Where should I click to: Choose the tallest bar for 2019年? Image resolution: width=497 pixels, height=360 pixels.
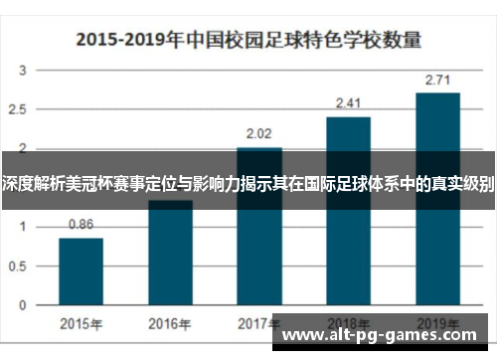tap(437, 198)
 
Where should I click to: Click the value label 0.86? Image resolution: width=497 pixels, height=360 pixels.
tap(81, 225)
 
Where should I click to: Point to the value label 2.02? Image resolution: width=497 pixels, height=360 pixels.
tap(258, 133)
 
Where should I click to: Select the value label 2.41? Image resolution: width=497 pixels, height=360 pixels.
tap(348, 102)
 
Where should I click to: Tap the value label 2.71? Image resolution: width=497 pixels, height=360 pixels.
tap(437, 79)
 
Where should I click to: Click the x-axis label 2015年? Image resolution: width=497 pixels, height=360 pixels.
tap(81, 323)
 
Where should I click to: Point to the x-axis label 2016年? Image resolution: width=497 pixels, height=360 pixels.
tap(170, 323)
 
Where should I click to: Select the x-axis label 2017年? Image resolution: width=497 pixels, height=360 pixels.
tap(258, 323)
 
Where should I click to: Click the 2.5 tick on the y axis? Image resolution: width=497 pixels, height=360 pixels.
tap(20, 109)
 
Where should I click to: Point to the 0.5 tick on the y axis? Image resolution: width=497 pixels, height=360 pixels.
tap(20, 265)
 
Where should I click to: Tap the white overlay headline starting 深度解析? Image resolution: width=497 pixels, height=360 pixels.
tap(248, 183)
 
